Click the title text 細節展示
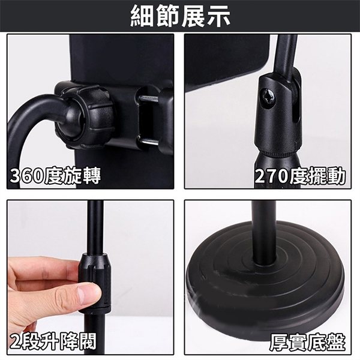coord(180,17)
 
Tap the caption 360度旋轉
coord(55,176)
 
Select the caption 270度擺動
coord(301,176)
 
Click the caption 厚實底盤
coord(307,343)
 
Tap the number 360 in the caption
coord(27,176)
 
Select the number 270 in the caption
coord(272,177)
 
